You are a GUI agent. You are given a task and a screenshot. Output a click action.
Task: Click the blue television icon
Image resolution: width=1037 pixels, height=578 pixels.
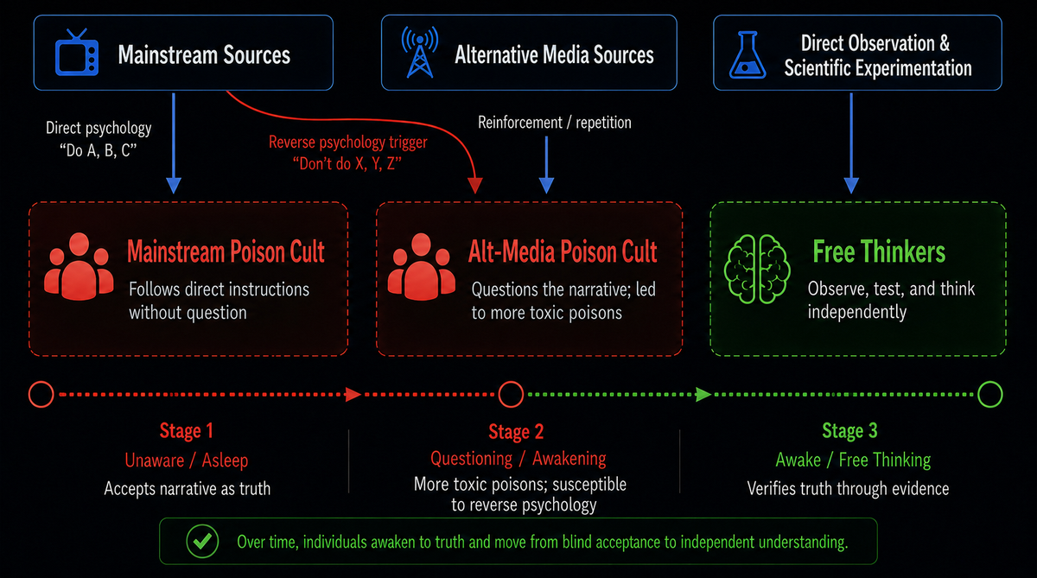point(77,53)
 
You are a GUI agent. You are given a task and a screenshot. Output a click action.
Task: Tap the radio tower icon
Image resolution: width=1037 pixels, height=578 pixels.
point(420,53)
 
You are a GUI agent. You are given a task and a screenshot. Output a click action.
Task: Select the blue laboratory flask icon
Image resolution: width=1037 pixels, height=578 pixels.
point(748,54)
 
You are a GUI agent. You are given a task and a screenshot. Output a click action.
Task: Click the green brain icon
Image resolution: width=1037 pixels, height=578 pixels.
point(757,269)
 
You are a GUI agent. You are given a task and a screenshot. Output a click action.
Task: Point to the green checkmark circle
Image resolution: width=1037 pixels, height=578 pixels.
point(202,541)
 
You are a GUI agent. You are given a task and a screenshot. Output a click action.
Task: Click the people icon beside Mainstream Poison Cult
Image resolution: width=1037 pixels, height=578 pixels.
point(79,266)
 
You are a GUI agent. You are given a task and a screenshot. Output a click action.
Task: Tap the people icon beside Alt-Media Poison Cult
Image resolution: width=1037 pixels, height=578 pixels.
point(422,266)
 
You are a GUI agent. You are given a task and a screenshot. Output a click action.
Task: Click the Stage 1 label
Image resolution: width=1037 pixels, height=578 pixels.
point(186,431)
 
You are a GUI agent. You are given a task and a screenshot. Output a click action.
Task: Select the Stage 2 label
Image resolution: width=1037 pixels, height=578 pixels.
point(516,432)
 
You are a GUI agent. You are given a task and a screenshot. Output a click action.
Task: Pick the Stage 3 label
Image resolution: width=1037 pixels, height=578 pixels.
point(849,431)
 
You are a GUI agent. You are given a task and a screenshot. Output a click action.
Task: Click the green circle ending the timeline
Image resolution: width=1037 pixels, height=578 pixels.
point(989,394)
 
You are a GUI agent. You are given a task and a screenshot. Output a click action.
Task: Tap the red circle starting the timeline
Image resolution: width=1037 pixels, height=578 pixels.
point(41,394)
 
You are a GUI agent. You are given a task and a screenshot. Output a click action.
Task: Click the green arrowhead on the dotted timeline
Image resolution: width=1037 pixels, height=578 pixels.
point(703,394)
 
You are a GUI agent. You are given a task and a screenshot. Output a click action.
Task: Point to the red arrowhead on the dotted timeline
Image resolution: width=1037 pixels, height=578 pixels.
point(353,394)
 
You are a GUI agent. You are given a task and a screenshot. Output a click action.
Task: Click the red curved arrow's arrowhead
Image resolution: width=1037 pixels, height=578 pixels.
point(475,185)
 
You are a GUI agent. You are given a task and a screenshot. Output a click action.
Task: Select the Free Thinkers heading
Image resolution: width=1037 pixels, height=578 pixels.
point(879,252)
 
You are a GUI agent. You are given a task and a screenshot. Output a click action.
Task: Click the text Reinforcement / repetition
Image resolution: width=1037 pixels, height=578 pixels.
point(555,123)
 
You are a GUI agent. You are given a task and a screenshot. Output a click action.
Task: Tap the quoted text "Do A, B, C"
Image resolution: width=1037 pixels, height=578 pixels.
point(99,150)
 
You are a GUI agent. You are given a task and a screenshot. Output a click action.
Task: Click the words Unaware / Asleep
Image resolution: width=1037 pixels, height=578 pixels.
point(186,460)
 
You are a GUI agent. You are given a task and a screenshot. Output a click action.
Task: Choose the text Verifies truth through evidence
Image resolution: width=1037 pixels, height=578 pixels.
point(848,489)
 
